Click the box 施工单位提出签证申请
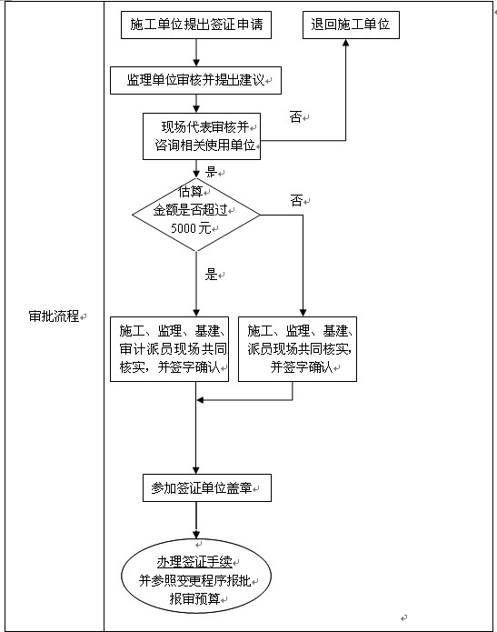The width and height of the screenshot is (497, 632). pos(196,25)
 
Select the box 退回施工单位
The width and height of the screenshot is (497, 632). pos(350,25)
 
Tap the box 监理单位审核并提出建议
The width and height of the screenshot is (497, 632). pos(196,80)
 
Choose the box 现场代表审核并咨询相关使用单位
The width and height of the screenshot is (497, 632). pos(201,135)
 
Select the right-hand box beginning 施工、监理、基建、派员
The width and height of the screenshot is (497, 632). pos(298,348)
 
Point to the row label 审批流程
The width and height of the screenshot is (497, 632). pos(54,316)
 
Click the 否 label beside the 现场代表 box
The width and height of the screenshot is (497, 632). pos(296,117)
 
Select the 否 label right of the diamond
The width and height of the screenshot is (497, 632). pos(296,201)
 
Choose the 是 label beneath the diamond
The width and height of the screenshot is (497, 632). pos(212,275)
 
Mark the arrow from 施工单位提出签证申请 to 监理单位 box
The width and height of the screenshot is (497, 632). pos(196,53)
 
